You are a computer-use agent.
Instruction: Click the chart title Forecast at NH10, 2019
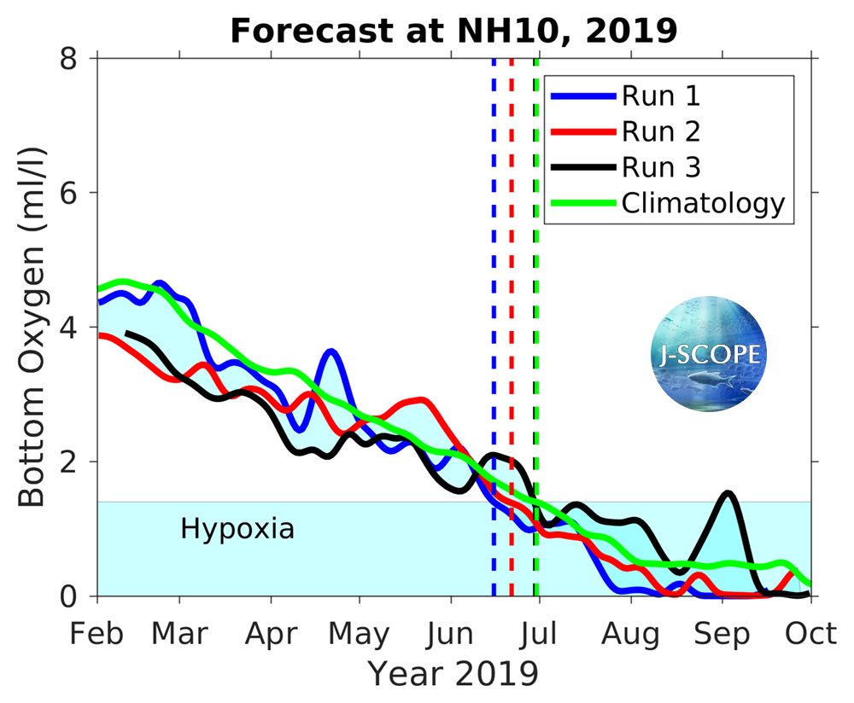pyautogui.click(x=453, y=31)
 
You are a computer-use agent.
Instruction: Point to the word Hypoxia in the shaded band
pyautogui.click(x=237, y=529)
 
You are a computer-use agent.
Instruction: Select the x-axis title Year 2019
pyautogui.click(x=453, y=673)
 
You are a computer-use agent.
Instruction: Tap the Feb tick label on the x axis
pyautogui.click(x=98, y=635)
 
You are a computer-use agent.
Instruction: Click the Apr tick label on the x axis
pyautogui.click(x=271, y=635)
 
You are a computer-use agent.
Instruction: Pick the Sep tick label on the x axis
pyautogui.click(x=722, y=635)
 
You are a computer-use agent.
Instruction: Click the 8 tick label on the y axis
pyautogui.click(x=78, y=60)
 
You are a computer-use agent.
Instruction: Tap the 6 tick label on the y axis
pyautogui.click(x=78, y=194)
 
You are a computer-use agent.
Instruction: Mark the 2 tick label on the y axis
pyautogui.click(x=78, y=462)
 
